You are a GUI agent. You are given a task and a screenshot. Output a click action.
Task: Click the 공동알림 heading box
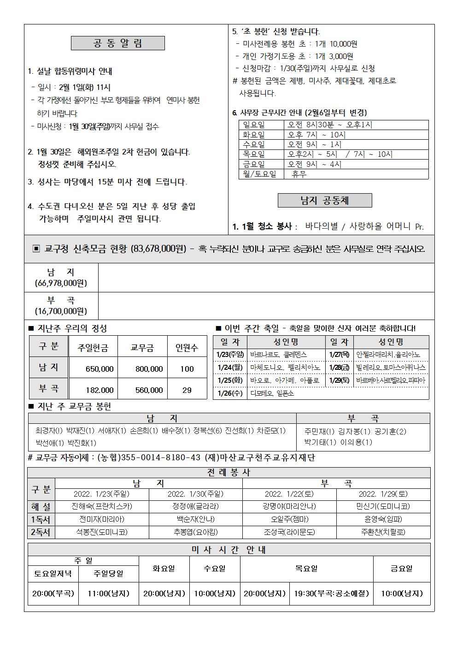(117, 43)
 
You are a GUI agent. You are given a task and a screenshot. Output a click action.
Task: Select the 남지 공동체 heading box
(324, 200)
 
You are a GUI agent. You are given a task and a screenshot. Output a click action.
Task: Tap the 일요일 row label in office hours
(254, 125)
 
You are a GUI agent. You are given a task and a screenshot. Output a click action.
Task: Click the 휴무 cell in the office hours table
(299, 174)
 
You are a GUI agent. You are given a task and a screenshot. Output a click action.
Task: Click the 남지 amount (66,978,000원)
(61, 283)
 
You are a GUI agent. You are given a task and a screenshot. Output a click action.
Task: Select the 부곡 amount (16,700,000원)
(61, 311)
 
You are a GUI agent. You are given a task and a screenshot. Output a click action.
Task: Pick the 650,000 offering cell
(100, 369)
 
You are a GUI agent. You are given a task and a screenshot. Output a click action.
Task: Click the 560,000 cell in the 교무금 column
(149, 390)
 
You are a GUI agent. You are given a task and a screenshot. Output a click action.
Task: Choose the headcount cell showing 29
(187, 390)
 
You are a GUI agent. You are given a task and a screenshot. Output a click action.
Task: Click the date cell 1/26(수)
(229, 393)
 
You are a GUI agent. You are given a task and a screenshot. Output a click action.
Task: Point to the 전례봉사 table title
(228, 473)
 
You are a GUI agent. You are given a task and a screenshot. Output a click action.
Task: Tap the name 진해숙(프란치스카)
(102, 506)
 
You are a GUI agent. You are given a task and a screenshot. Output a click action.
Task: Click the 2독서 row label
(41, 532)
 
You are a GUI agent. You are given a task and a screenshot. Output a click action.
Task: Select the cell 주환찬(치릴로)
(383, 532)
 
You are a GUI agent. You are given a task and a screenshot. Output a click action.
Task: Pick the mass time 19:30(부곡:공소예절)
(331, 594)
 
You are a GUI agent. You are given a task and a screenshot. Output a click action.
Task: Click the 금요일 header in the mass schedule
(401, 569)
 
